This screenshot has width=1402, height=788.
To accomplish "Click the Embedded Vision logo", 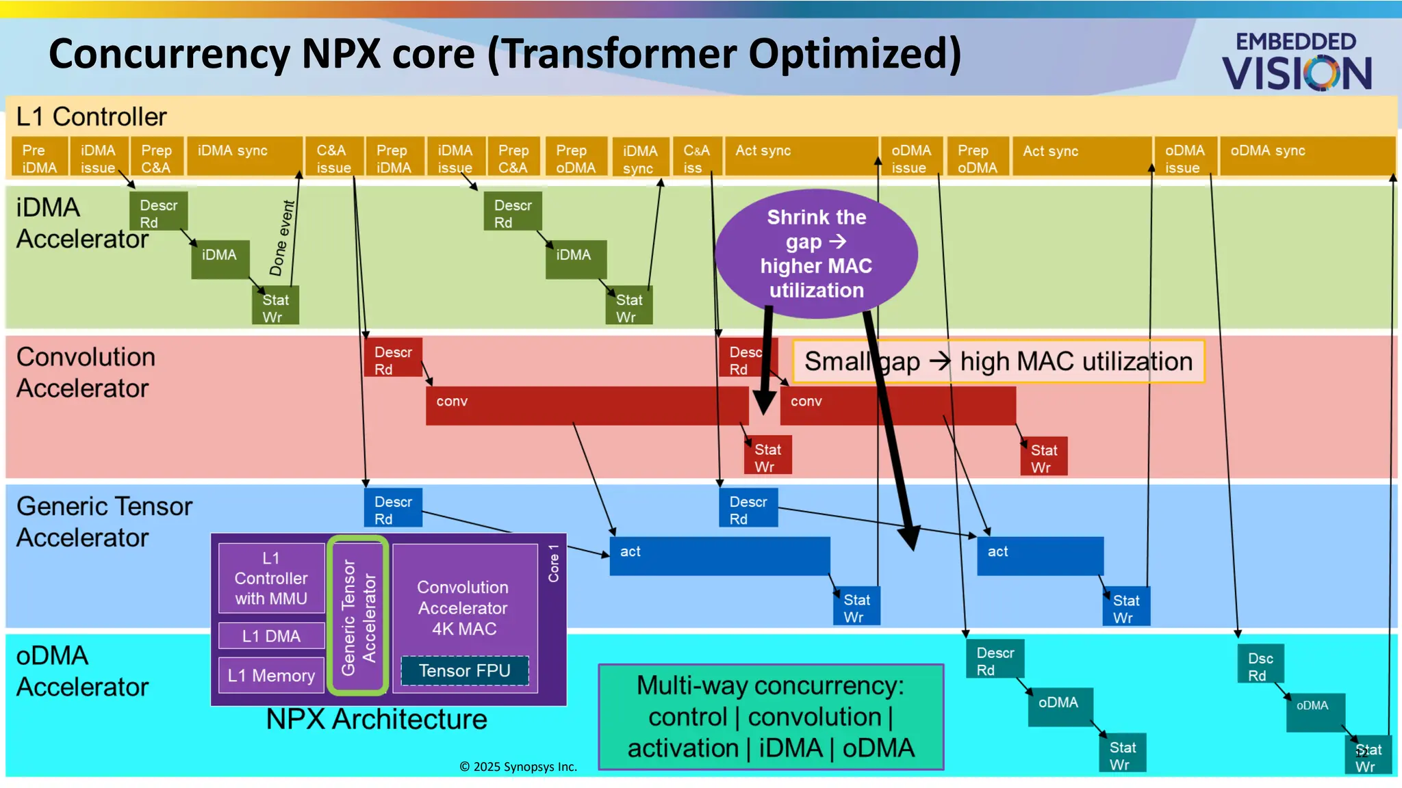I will pos(1297,62).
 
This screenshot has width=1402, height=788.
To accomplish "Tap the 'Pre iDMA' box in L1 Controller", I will pos(39,159).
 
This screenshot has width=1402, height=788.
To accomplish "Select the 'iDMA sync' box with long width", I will pos(244,157).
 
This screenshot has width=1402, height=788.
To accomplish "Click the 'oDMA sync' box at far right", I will pos(1306,157).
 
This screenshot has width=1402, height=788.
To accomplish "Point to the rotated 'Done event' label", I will pos(282,238).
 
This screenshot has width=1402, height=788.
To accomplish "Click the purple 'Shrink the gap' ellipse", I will pos(816,253).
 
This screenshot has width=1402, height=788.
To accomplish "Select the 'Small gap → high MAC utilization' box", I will pos(997,361).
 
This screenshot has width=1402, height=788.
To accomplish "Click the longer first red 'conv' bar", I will pos(586,406).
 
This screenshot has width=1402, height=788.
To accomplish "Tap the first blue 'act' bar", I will pos(719,555).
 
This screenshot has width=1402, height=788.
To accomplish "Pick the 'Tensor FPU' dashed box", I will pos(465,671).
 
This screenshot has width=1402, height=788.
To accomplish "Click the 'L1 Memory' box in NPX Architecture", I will pos(271,675).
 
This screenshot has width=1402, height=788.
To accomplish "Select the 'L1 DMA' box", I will pos(271,635).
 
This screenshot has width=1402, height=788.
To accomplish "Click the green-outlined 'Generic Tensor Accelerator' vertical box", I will pos(358,616).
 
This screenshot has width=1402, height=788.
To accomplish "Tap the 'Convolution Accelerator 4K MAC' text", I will pos(463,607).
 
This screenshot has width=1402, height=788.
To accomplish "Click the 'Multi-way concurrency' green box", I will pos(771,717).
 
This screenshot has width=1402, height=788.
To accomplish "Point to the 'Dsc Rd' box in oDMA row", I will pos(1260,666).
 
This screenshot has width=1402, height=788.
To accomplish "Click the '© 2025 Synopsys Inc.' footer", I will pos(518,767).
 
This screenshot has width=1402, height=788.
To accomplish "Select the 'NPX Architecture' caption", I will pos(377,720).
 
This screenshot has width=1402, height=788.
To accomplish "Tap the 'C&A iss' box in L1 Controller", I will pos(696,159).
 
